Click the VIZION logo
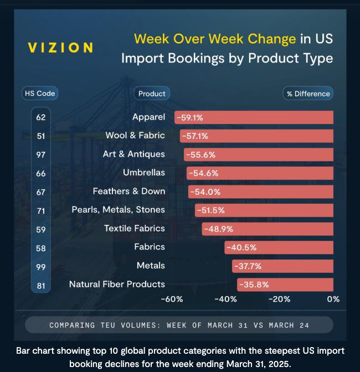coord(60,48)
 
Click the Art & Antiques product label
coord(133,154)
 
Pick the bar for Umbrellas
coord(260,173)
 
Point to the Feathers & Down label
coord(128,191)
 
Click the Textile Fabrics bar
coord(268,229)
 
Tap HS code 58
coord(41,248)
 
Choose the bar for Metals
coord(282,266)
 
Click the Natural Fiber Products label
coord(117,284)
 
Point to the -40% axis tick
coord(225,299)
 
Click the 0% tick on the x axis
coord(333,299)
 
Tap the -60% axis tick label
coord(172,299)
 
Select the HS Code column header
coord(40,94)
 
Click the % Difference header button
coord(308,94)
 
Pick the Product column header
coord(151,94)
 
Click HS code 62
coord(41,117)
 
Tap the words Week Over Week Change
coord(215,39)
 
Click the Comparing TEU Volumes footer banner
coord(179,325)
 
